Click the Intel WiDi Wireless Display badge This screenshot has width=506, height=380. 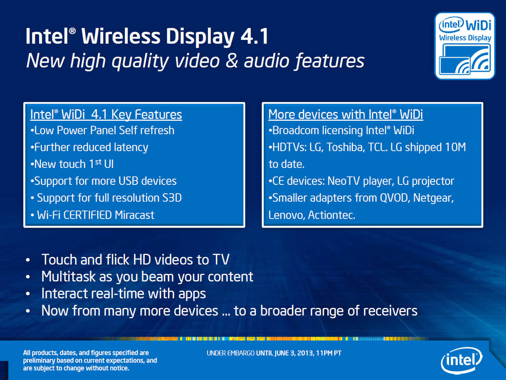tap(465, 46)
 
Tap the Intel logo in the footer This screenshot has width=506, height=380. tap(461, 361)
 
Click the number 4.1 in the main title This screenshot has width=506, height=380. tap(255, 36)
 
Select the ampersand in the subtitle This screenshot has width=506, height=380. tap(232, 61)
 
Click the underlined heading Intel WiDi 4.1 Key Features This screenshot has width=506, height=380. tap(106, 115)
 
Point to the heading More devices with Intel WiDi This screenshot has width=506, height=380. tap(346, 115)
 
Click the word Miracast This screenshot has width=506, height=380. tap(134, 215)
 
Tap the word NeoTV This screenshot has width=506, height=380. tap(344, 181)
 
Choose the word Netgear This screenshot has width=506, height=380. tap(433, 198)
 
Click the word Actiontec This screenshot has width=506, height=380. tap(332, 215)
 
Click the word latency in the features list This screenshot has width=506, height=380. tap(131, 147)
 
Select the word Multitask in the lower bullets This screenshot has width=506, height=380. tap(68, 276)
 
